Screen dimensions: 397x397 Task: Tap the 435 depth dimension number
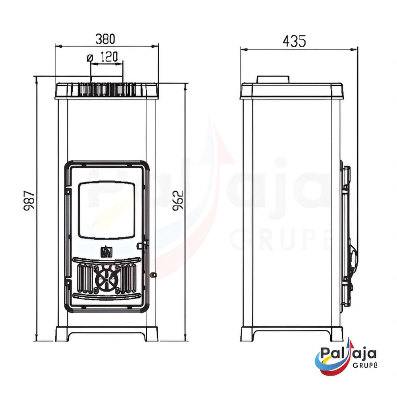pyautogui.click(x=294, y=41)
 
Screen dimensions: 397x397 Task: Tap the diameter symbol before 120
pyautogui.click(x=90, y=58)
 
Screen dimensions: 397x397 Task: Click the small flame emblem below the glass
pyautogui.click(x=106, y=251)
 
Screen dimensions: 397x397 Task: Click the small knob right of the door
pyautogui.click(x=153, y=275)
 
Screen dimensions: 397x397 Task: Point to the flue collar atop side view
pyautogui.click(x=273, y=79)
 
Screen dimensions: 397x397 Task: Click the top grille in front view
pyautogui.click(x=107, y=89)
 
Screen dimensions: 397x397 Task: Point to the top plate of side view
pyautogui.click(x=291, y=91)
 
